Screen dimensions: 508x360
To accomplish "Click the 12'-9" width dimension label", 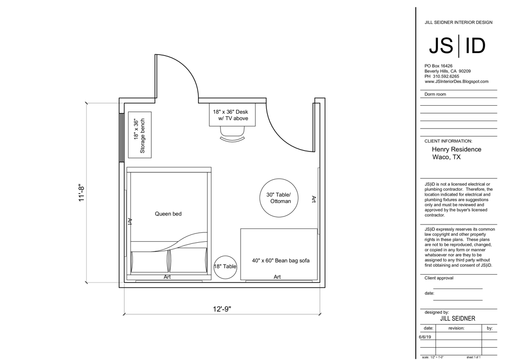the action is point(222,309).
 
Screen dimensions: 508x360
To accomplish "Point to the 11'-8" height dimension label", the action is point(82,193).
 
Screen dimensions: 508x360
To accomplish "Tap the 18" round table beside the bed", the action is point(225,267).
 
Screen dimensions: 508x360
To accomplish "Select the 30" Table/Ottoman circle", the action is point(279,198).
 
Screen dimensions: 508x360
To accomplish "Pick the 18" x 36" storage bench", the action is point(139,135).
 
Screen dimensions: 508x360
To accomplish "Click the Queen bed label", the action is point(168,214).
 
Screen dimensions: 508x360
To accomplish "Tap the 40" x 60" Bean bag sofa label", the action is point(281,260).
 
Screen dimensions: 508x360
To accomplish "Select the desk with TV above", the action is point(232,115).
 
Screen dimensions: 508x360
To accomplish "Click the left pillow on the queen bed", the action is point(150,260).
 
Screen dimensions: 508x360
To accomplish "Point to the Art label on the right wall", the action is point(314,199).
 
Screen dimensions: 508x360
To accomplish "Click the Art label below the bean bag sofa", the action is point(277,277).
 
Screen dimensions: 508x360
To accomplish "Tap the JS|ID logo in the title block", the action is point(457,46).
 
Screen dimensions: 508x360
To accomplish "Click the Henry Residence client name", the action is point(456,149).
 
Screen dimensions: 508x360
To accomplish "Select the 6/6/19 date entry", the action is point(425,337).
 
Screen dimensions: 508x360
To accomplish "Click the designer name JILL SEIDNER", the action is point(458,319).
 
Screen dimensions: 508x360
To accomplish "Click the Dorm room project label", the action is point(435,94).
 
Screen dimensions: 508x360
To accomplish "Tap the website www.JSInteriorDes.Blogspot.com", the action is point(456,82).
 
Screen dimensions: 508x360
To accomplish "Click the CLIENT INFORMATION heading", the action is point(448,141).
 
